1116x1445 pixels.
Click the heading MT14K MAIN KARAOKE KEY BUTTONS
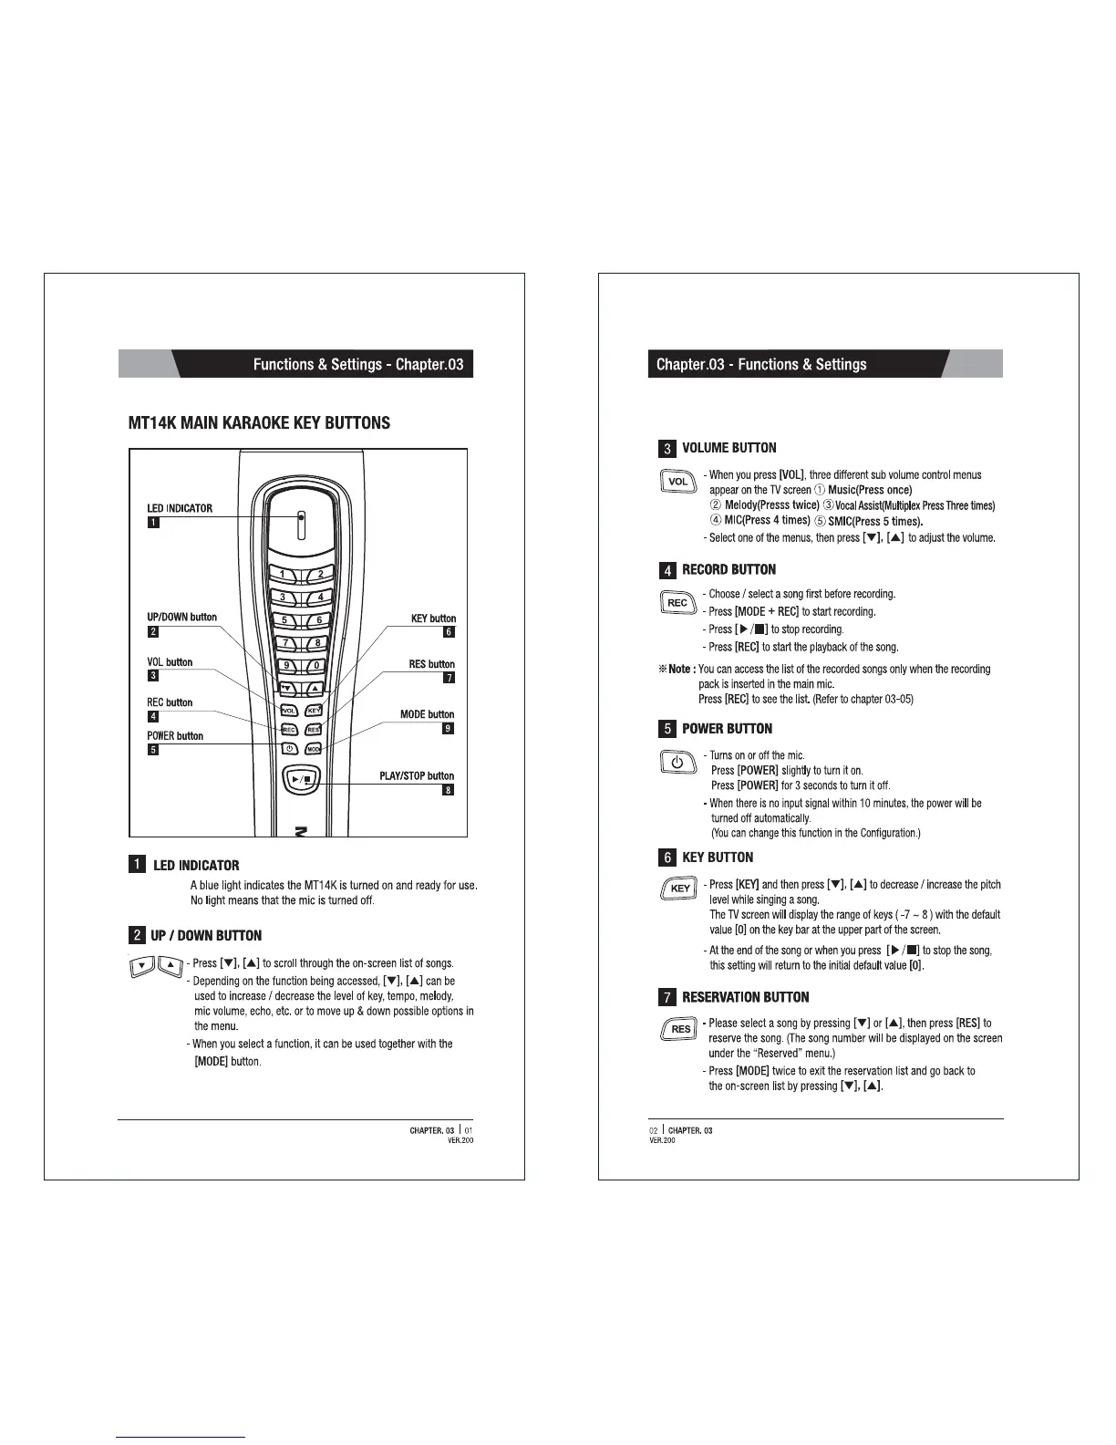[x=259, y=423]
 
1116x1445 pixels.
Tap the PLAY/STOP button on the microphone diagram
[x=302, y=778]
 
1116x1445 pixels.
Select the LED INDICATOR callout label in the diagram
[x=180, y=508]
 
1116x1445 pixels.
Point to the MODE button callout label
[x=427, y=714]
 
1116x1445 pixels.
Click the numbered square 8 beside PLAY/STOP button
[x=448, y=790]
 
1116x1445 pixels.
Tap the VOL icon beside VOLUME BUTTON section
[x=677, y=481]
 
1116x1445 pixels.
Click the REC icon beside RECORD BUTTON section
[x=677, y=603]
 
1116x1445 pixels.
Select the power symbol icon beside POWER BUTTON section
[x=677, y=762]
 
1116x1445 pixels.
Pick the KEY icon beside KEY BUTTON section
[x=679, y=889]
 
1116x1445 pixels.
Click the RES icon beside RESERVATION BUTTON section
[x=680, y=1029]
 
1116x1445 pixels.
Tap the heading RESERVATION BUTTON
[x=745, y=997]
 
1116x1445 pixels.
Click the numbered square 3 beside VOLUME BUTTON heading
[x=667, y=448]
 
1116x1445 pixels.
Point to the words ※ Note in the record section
[x=677, y=669]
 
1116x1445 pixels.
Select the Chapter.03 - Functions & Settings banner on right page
[x=761, y=364]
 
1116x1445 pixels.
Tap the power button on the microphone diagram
[x=288, y=749]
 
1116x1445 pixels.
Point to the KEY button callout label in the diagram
[x=433, y=619]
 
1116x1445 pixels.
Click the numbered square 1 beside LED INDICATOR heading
[x=137, y=865]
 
